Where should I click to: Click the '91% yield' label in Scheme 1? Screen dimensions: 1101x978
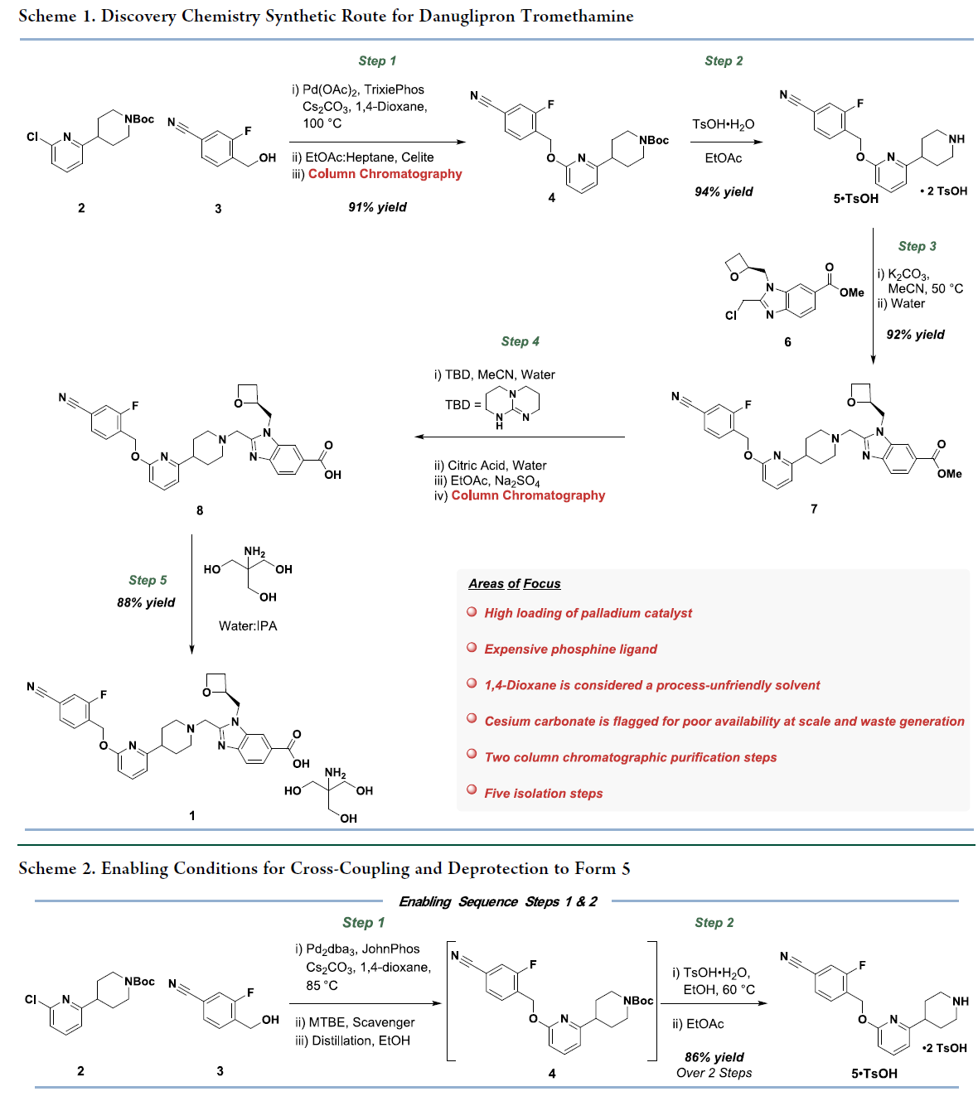coord(377,207)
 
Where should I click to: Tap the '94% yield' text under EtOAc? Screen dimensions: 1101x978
coord(724,191)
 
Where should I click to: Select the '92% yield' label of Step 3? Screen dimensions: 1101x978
coord(915,335)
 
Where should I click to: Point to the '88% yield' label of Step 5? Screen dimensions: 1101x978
coord(146,602)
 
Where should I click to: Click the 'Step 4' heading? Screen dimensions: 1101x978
coord(520,341)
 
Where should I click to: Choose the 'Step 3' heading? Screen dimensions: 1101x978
coord(917,246)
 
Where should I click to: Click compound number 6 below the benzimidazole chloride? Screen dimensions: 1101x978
coord(787,342)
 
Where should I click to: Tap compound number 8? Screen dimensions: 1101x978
coord(200,510)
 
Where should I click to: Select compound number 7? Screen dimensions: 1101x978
coord(814,509)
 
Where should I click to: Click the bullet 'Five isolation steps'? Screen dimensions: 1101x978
coord(544,794)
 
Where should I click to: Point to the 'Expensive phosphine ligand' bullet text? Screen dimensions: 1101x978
coord(570,649)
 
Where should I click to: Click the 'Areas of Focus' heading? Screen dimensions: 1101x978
coord(514,584)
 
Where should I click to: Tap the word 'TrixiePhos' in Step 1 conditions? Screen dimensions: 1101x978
coord(394,89)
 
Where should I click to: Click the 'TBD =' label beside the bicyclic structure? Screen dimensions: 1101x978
coord(462,405)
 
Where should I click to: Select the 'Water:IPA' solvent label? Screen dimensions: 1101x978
coord(248,626)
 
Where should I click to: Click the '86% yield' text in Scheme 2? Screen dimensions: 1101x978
coord(714,1057)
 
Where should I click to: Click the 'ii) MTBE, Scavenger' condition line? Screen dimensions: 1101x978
coord(355,1022)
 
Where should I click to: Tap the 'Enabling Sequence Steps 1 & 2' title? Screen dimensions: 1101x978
coord(497,901)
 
